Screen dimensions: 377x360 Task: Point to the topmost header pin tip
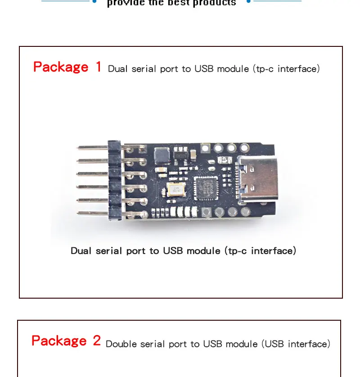pyautogui.click(x=79, y=147)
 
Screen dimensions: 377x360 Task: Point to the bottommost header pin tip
pyautogui.click(x=79, y=213)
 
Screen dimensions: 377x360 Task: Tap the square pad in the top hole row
pyautogui.click(x=205, y=148)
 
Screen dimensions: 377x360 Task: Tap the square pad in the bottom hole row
pyautogui.click(x=207, y=212)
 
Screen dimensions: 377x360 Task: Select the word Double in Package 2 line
pyautogui.click(x=121, y=344)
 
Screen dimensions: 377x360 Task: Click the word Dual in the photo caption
pyautogui.click(x=81, y=251)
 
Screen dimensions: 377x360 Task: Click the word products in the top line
pyautogui.click(x=214, y=3)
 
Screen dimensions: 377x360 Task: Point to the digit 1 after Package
pyautogui.click(x=99, y=67)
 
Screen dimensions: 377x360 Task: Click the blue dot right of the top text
pyautogui.click(x=248, y=1)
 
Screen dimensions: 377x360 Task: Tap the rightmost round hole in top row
pyautogui.click(x=244, y=147)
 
